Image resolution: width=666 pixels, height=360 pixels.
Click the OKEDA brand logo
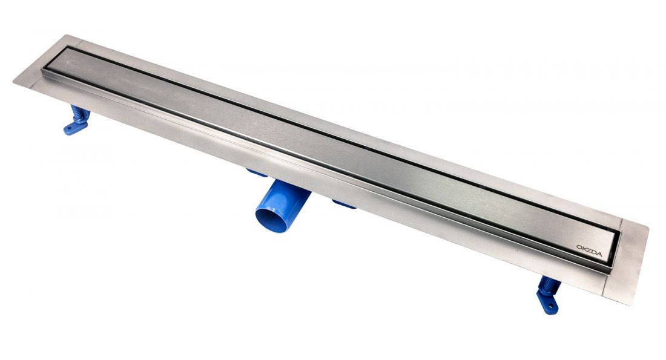[589, 250]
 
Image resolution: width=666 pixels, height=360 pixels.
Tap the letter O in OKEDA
[579, 246]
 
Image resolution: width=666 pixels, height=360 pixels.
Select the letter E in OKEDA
[589, 250]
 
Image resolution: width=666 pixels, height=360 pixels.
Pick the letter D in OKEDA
[593, 252]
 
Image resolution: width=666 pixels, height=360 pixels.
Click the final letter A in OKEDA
[598, 254]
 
